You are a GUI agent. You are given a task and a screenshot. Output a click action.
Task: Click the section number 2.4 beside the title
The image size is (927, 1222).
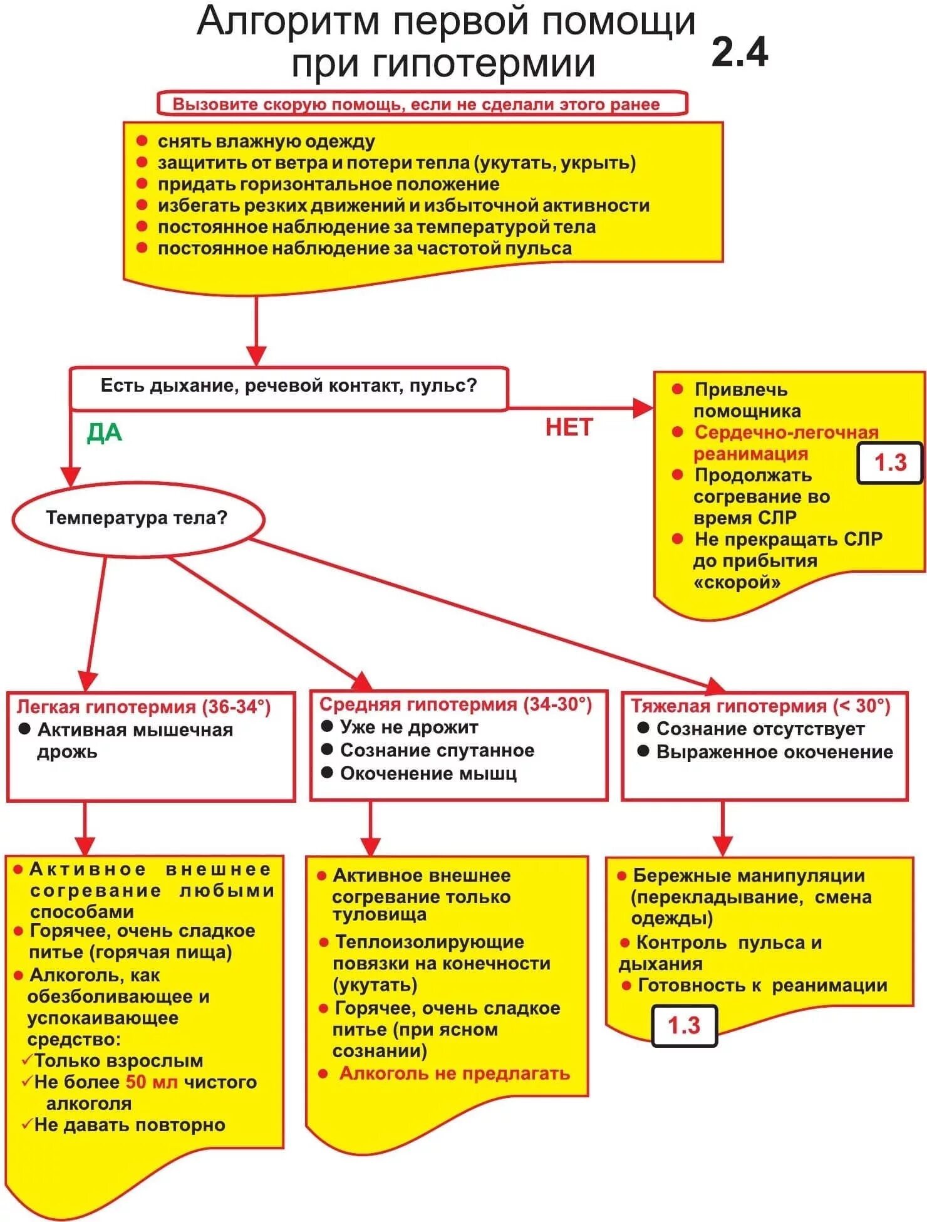tap(739, 52)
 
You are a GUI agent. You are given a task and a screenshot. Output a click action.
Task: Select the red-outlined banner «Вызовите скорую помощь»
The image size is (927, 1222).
tap(422, 104)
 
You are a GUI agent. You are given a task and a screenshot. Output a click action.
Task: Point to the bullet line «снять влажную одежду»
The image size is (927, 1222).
tap(266, 142)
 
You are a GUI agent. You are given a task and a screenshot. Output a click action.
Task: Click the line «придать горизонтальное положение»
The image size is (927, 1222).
tap(328, 184)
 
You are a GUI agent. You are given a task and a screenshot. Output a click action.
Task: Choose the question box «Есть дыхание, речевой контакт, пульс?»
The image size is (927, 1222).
tap(289, 386)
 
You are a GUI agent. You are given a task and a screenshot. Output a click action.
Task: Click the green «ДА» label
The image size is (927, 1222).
tap(104, 432)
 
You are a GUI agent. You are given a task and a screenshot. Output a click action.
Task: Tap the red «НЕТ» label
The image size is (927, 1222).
tap(569, 427)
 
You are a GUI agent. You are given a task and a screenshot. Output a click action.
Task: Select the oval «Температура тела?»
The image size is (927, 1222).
tap(137, 518)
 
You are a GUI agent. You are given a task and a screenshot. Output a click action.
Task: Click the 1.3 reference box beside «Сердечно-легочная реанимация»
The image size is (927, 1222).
tap(889, 463)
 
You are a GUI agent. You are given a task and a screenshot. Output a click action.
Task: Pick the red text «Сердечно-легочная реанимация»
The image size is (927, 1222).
tap(785, 443)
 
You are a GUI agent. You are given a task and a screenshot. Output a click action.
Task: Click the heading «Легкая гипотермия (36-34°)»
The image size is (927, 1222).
tap(143, 707)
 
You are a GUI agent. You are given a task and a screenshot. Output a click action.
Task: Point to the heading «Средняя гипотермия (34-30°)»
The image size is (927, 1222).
tap(455, 704)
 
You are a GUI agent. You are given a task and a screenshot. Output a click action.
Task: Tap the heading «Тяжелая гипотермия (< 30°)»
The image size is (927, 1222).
tap(760, 706)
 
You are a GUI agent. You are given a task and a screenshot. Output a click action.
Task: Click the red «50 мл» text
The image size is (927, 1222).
tap(152, 1082)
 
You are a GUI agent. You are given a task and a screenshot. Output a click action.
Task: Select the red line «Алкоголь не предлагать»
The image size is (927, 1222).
tap(454, 1073)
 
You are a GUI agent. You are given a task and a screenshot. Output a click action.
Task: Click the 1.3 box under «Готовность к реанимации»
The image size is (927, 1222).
tap(684, 1026)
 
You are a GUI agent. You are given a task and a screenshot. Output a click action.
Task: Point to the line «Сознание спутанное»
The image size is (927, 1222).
tap(437, 751)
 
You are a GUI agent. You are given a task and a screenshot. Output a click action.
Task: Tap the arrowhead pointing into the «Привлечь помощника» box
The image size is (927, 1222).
tap(643, 408)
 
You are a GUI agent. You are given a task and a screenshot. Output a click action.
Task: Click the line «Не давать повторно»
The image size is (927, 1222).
tap(129, 1125)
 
